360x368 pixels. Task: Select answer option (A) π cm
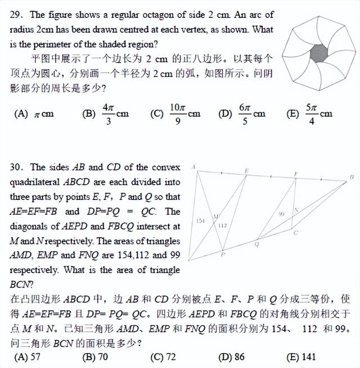coord(34,113)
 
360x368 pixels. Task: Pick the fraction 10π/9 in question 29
coord(177,113)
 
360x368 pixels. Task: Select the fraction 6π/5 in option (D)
coord(244,113)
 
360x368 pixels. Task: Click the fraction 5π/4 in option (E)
coord(311,113)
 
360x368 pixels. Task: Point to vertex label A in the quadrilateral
coord(193,167)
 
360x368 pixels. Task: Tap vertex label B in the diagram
coord(351,177)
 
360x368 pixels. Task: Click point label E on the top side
coord(246,170)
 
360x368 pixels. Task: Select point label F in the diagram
coord(296,174)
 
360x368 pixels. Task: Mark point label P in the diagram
coord(223,255)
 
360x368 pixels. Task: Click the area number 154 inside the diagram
coord(200,221)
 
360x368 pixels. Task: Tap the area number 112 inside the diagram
coord(222,225)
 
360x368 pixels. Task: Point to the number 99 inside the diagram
coord(282,214)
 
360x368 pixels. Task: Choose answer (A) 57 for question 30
coord(29,356)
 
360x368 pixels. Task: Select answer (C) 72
coord(163,356)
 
